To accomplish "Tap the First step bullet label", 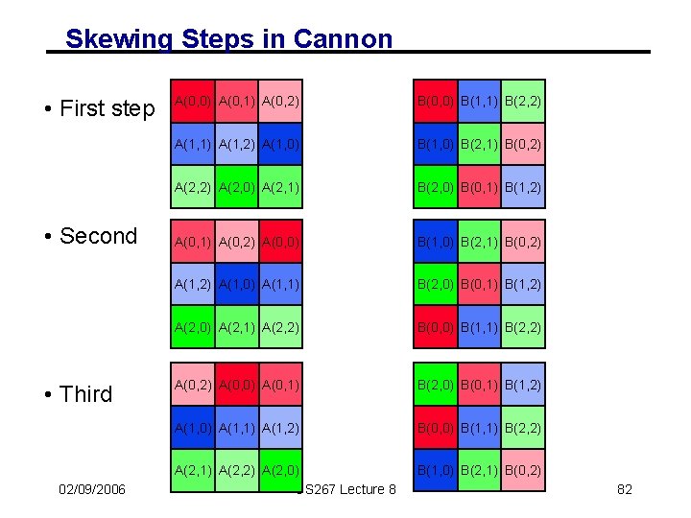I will [99, 108].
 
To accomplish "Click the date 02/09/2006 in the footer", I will [91, 489].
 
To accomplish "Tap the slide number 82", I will [624, 489].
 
